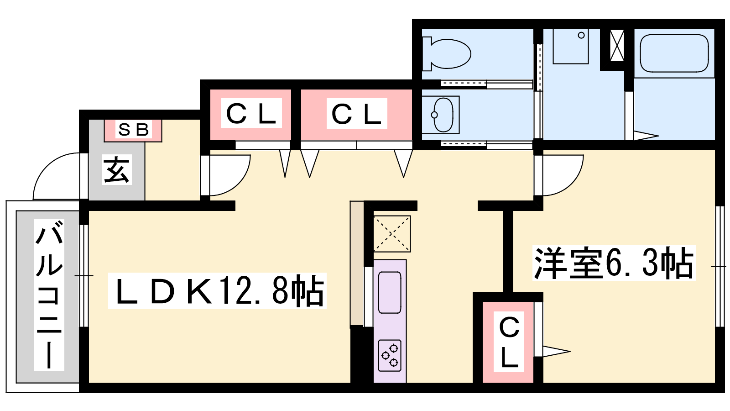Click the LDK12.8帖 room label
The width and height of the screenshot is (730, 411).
point(217,291)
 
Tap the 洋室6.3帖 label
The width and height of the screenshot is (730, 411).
point(614,263)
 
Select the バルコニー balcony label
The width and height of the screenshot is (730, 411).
point(49,295)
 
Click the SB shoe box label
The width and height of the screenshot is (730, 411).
point(134,130)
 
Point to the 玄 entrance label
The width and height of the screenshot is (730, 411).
point(116,169)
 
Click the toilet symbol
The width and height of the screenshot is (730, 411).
point(447,54)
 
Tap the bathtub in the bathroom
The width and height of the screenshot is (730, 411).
point(674,53)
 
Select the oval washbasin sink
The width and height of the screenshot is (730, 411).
point(443,115)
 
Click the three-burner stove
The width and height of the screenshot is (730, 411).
point(390,356)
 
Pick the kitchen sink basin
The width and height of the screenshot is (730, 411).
point(390,293)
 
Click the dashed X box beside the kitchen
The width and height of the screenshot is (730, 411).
point(392,233)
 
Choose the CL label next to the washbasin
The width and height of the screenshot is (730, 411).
point(356,114)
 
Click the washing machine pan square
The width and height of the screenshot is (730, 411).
point(571,46)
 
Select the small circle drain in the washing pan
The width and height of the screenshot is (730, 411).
point(581,35)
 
